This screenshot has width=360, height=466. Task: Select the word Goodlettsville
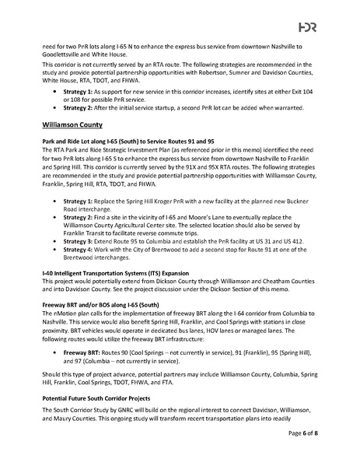coord(62,55)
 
